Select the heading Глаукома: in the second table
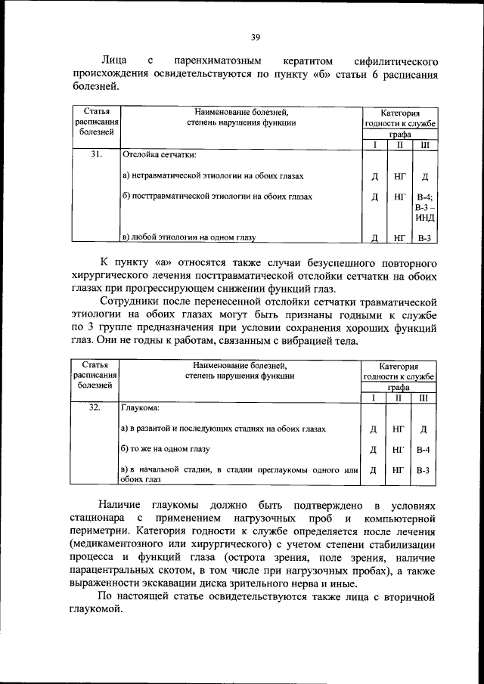click(x=141, y=408)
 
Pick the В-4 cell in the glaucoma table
click(x=423, y=450)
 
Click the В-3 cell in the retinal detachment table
click(x=424, y=238)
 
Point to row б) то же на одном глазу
click(x=165, y=450)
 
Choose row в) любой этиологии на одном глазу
click(x=188, y=237)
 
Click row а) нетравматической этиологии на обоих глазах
click(x=213, y=176)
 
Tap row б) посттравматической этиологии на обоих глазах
click(x=216, y=197)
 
